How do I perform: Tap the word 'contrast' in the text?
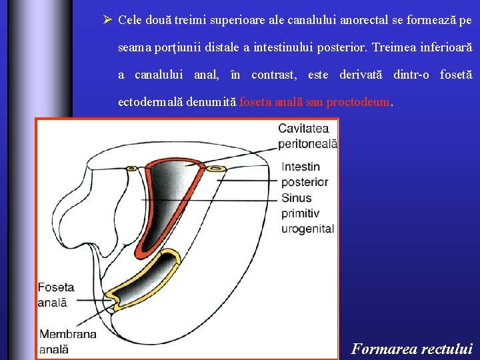click(x=274, y=75)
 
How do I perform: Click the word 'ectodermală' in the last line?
click(x=147, y=103)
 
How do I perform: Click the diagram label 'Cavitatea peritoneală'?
click(x=307, y=135)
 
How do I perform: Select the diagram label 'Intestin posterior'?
click(x=304, y=174)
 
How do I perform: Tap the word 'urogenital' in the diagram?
click(x=307, y=229)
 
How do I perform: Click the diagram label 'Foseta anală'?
click(x=56, y=294)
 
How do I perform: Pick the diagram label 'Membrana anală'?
click(x=67, y=341)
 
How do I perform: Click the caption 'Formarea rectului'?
click(x=411, y=348)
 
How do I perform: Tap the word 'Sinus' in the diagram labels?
click(x=296, y=198)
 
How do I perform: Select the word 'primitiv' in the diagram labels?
click(x=300, y=213)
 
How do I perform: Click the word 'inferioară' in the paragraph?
click(x=447, y=47)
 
